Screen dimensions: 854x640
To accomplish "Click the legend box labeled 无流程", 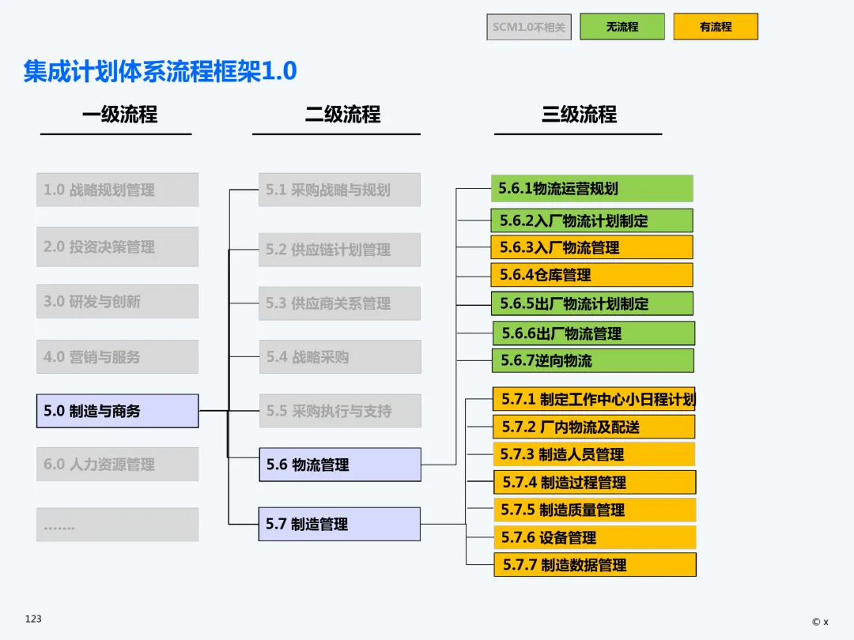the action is pyautogui.click(x=622, y=27).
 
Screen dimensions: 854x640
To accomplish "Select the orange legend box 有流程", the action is pyautogui.click(x=715, y=27).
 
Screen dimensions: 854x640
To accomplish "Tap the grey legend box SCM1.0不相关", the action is pyautogui.click(x=529, y=27).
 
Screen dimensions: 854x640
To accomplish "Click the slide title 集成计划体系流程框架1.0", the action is pyautogui.click(x=160, y=72).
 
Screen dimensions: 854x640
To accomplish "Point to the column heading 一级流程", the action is pyautogui.click(x=119, y=115).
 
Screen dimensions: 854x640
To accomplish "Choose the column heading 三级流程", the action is pyautogui.click(x=579, y=115).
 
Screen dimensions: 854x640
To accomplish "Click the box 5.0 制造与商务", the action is pyautogui.click(x=117, y=411).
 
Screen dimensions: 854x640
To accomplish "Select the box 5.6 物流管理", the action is pyautogui.click(x=340, y=465).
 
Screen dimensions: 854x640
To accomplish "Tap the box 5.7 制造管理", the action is pyautogui.click(x=340, y=524).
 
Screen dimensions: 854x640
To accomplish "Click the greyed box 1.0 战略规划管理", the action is pyautogui.click(x=117, y=190).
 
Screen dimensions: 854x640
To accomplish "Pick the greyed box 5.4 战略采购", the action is pyautogui.click(x=340, y=357).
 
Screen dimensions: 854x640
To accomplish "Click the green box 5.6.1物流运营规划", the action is pyautogui.click(x=591, y=188).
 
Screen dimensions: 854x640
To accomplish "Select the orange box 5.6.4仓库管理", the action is pyautogui.click(x=591, y=275).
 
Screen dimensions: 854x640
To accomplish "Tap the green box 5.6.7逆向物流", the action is pyautogui.click(x=592, y=360).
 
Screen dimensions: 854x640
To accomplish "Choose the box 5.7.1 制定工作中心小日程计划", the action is pyautogui.click(x=594, y=399).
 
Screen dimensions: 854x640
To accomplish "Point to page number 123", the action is pyautogui.click(x=33, y=619).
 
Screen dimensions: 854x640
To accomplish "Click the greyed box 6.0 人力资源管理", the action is pyautogui.click(x=117, y=465).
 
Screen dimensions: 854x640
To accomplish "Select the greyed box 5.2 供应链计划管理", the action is pyautogui.click(x=340, y=250).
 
